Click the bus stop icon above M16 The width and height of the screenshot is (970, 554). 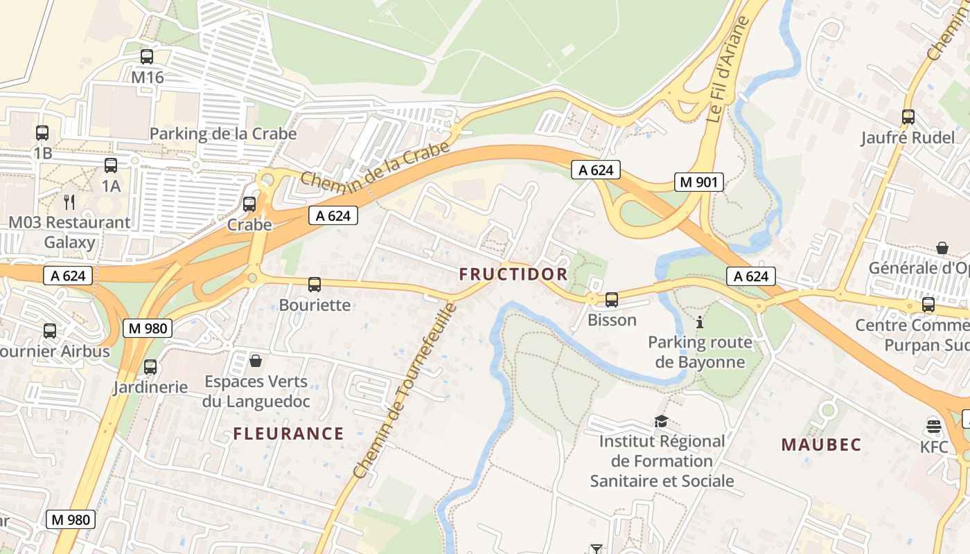click(x=147, y=57)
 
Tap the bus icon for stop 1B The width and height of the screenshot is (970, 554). click(x=42, y=132)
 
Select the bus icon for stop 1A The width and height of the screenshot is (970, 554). click(x=111, y=166)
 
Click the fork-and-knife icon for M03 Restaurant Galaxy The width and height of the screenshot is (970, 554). click(x=69, y=202)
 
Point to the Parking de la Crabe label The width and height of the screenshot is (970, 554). click(x=223, y=134)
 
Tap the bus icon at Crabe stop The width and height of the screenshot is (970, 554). click(x=249, y=204)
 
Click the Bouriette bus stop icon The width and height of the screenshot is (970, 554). click(x=315, y=285)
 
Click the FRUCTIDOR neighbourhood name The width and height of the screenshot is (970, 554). click(x=513, y=274)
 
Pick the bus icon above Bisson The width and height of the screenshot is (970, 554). click(x=612, y=300)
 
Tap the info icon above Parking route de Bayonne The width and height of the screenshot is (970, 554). click(x=700, y=322)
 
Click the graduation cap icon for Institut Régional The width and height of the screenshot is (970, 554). click(x=661, y=421)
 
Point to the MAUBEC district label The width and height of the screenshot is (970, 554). click(x=821, y=445)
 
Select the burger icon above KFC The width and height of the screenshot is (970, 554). click(x=933, y=426)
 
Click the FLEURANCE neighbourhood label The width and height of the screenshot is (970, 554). click(x=288, y=434)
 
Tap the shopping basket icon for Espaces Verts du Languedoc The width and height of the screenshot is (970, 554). click(x=256, y=361)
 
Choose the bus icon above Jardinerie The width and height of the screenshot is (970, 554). click(x=150, y=367)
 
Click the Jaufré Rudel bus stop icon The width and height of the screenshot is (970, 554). click(x=908, y=117)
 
